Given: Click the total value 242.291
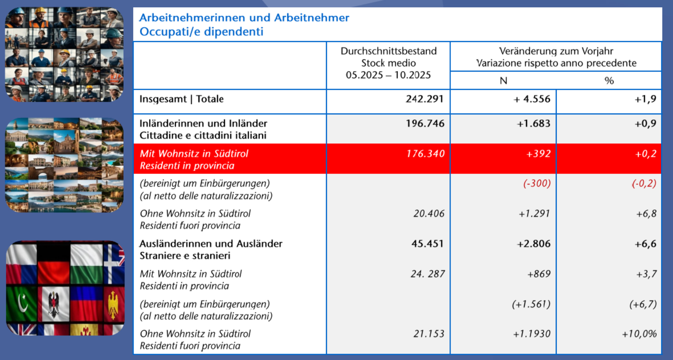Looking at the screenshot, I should click(x=425, y=99).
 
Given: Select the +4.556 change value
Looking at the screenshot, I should click(x=532, y=99).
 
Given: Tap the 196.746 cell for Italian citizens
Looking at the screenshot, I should click(x=425, y=123).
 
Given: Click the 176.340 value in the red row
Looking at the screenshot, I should click(x=425, y=154).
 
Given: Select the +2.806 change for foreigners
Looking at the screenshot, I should click(x=533, y=244).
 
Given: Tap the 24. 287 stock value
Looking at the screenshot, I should click(x=425, y=274).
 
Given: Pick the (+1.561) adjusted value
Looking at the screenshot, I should click(x=531, y=304).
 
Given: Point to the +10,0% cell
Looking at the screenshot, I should click(x=639, y=334).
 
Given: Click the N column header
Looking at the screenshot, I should click(x=503, y=81).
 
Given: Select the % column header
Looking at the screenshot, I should click(x=609, y=81).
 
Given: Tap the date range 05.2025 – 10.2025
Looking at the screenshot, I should click(x=388, y=75).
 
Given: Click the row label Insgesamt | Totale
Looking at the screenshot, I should click(x=181, y=99).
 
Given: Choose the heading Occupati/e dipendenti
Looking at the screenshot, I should click(x=201, y=31).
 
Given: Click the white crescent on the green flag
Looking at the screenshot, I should click(x=21, y=302).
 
